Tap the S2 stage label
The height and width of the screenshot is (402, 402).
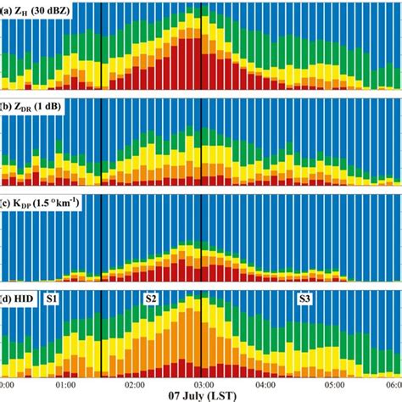151,299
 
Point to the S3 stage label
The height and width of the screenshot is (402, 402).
304,299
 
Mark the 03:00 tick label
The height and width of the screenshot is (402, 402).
200,384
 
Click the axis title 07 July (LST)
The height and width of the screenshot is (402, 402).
201,396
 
